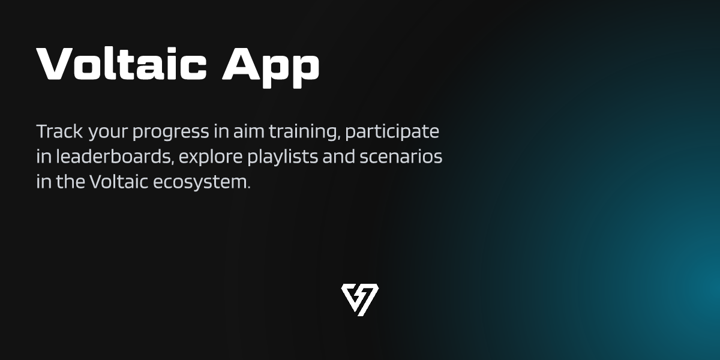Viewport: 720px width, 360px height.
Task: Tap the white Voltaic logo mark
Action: click(359, 299)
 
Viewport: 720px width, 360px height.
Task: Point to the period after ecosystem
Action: click(248, 188)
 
